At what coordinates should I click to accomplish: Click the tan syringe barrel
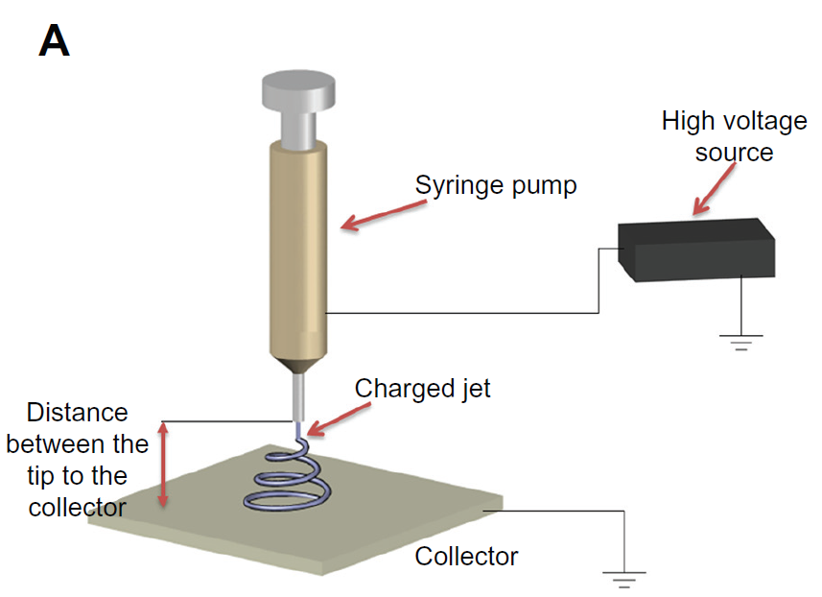[x=299, y=250]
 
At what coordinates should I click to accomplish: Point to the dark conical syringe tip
[x=299, y=367]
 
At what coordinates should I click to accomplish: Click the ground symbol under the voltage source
[x=740, y=341]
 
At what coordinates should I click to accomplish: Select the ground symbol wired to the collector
[x=624, y=577]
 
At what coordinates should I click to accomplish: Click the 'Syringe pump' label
[x=496, y=184]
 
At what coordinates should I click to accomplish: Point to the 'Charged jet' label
[x=423, y=389]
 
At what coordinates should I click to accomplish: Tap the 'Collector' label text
[x=466, y=556]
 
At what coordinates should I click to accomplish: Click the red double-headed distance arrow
[x=164, y=466]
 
